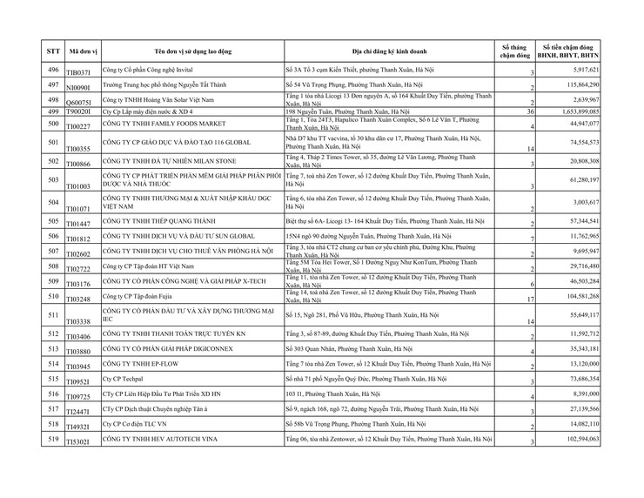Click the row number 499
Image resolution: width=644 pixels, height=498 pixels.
pyautogui.click(x=52, y=112)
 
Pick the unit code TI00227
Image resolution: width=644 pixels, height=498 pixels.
pyautogui.click(x=79, y=128)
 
